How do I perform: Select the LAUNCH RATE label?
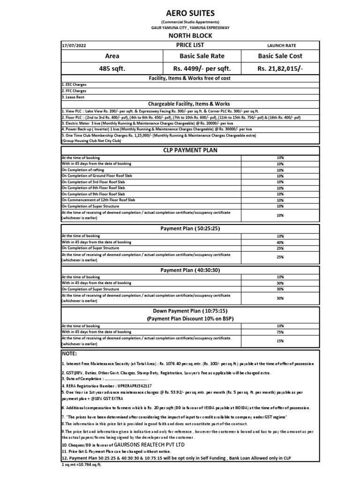(281, 45)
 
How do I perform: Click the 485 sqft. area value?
(112, 68)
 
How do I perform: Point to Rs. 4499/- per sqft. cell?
(199, 68)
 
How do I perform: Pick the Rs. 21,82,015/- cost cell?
(280, 68)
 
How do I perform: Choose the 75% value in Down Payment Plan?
(280, 331)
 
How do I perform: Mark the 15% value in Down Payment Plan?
(280, 341)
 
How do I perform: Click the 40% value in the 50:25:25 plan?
(280, 242)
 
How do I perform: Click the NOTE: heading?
(69, 353)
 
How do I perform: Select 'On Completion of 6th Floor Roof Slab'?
(93, 188)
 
